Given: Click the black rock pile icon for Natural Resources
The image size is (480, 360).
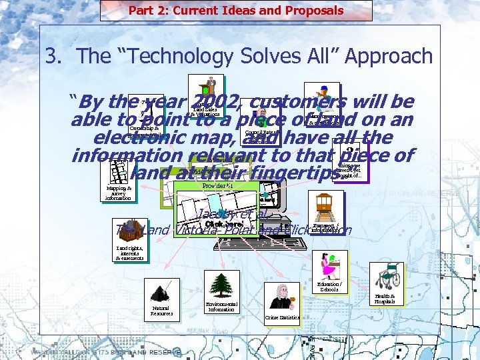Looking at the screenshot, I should point(161,292).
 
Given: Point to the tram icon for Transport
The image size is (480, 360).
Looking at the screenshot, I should point(327,207).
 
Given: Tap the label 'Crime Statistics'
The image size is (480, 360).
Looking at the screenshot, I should point(282,318).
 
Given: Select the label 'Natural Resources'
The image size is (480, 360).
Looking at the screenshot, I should point(161,311).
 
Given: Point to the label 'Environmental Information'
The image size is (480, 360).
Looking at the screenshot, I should point(221,307).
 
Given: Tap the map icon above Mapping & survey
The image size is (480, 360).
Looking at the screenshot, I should point(118,172).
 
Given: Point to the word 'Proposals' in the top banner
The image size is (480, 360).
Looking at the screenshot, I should point(311,10).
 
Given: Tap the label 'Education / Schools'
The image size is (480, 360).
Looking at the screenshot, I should point(330,287).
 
